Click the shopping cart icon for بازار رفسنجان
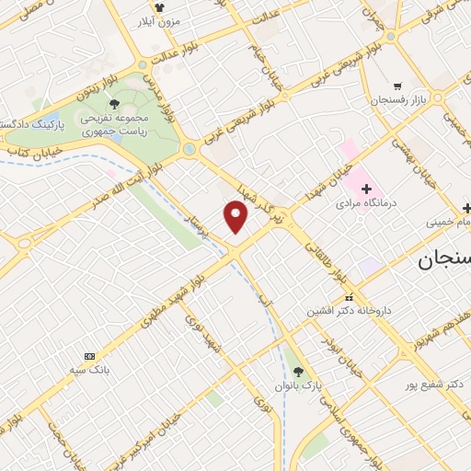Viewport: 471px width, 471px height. click(x=396, y=86)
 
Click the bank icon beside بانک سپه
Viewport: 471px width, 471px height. click(x=89, y=356)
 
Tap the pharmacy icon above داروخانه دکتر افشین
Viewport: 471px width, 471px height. click(x=349, y=298)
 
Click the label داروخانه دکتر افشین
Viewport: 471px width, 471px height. click(x=350, y=311)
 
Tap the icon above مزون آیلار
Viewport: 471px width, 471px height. click(x=160, y=6)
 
